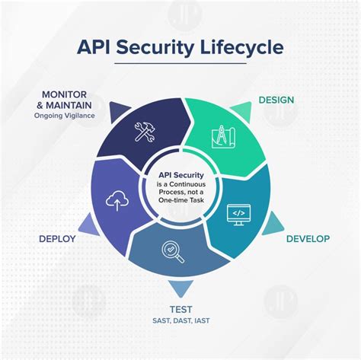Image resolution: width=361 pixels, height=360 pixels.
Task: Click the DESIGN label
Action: pos(276,100)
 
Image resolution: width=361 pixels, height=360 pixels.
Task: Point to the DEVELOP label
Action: pos(307,239)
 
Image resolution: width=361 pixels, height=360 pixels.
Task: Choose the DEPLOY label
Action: pos(57,239)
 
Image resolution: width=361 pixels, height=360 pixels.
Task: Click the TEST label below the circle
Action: pos(180,308)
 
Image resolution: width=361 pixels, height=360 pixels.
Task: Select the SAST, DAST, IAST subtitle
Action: pos(180,322)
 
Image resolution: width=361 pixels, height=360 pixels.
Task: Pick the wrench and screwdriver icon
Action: pos(145,132)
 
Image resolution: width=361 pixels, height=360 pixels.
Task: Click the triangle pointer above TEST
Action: pos(180,288)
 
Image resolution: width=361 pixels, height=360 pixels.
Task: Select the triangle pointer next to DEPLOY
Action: pos(88,223)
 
